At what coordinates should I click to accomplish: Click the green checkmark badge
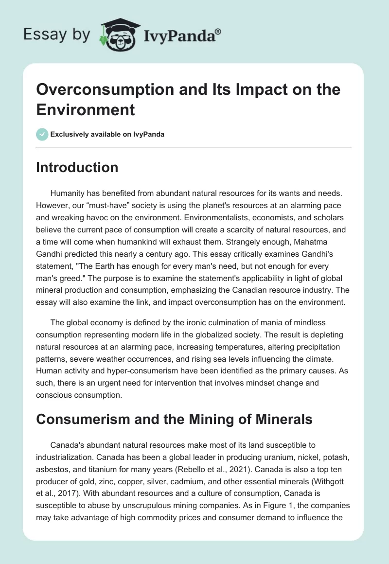(x=42, y=134)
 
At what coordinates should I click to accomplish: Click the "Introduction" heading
(x=77, y=167)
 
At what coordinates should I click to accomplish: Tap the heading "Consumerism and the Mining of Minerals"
(x=174, y=419)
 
